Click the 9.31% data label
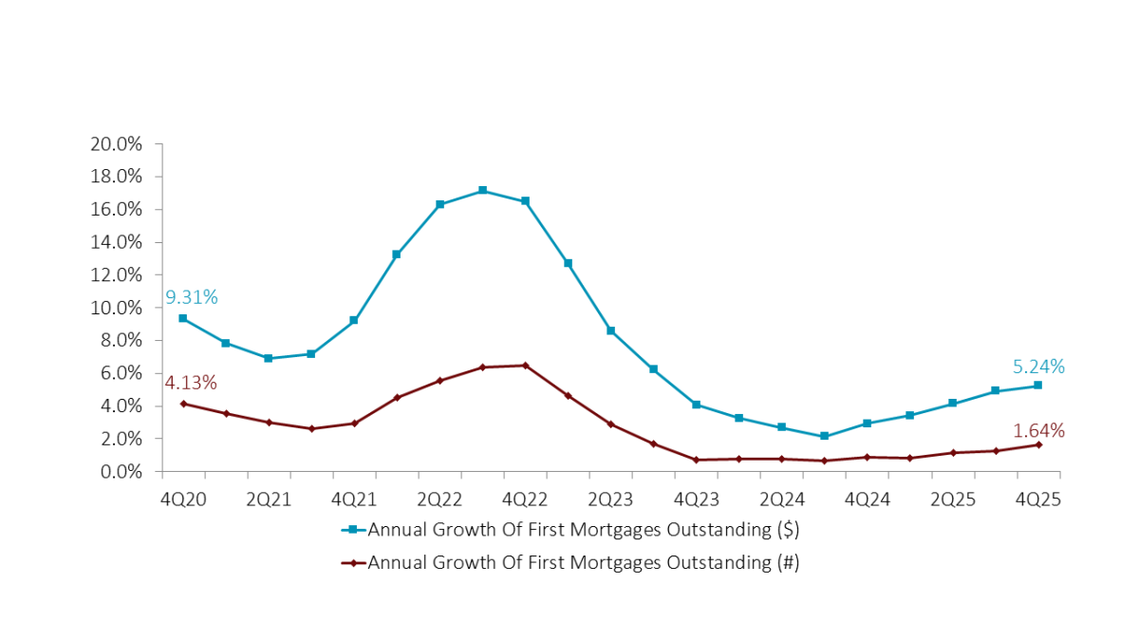coord(191,297)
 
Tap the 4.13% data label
coord(191,383)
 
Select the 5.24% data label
coord(1037,367)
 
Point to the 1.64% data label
coord(1038,430)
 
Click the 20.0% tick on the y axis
coord(117,144)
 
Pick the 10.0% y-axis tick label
coord(117,308)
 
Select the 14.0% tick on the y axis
coord(117,242)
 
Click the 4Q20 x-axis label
coord(183,499)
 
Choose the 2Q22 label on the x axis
coord(439,499)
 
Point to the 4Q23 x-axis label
coord(696,499)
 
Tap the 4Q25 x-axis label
coord(1037,499)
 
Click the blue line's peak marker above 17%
coord(482,190)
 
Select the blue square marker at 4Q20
coord(183,318)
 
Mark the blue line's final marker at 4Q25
coord(1037,385)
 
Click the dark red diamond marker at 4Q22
coord(525,366)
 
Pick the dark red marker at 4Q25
coord(1037,444)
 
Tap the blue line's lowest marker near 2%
coord(824,436)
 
